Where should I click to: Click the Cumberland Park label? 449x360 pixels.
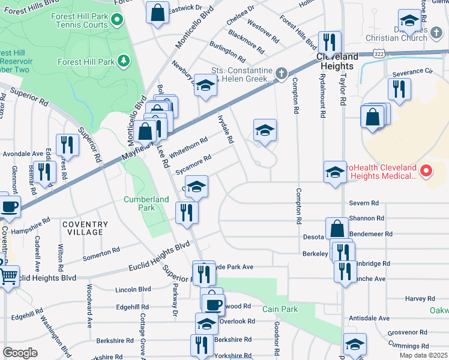tap(139, 203)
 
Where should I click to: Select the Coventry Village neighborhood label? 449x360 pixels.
tap(85, 228)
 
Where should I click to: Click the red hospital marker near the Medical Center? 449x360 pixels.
tap(426, 171)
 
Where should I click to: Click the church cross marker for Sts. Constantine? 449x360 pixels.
tap(282, 73)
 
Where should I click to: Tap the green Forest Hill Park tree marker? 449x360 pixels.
tap(124, 61)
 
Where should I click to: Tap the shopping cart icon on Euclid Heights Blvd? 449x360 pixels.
tap(8, 277)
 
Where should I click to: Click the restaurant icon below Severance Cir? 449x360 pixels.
tap(399, 89)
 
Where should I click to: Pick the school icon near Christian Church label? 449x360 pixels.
tap(409, 21)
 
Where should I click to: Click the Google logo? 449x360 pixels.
tap(20, 353)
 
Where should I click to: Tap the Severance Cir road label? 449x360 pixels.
tap(412, 72)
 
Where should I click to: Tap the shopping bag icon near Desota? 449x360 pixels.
tap(337, 229)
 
